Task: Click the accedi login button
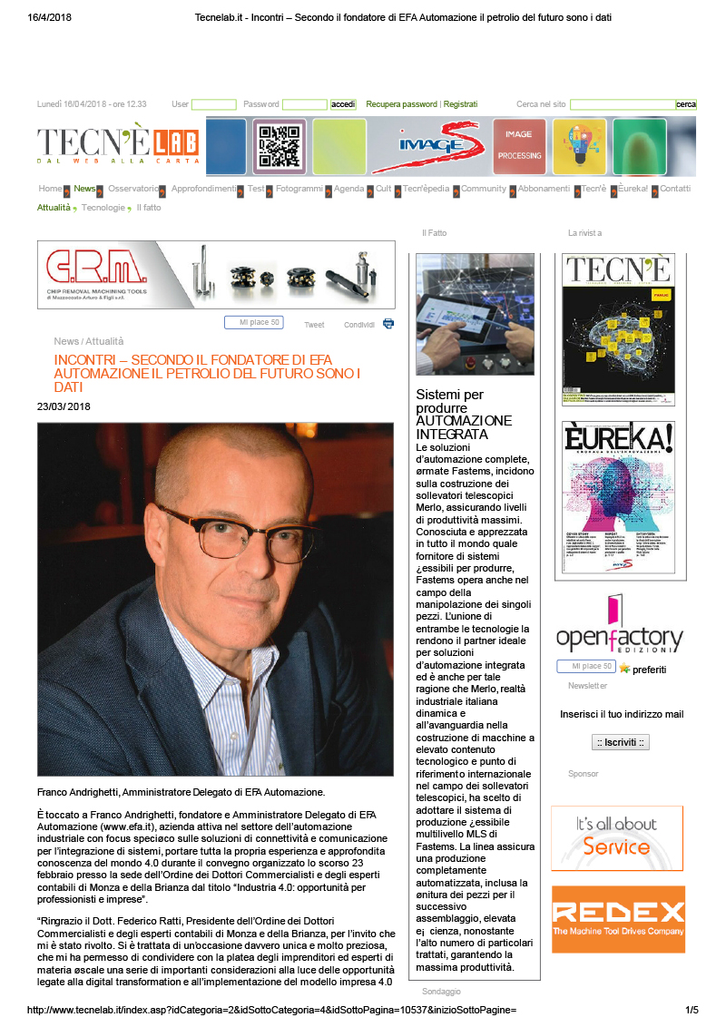(343, 104)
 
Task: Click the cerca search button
(686, 104)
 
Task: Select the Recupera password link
(401, 104)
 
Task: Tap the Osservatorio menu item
(132, 189)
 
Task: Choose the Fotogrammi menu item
(299, 189)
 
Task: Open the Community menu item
(483, 189)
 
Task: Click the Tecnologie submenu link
(103, 208)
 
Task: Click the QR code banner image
(279, 146)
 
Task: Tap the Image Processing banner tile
(519, 146)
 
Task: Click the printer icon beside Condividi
(388, 323)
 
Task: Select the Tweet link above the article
(314, 325)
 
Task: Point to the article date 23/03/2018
(64, 406)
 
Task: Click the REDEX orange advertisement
(618, 919)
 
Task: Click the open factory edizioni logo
(619, 626)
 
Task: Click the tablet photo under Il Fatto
(475, 314)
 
